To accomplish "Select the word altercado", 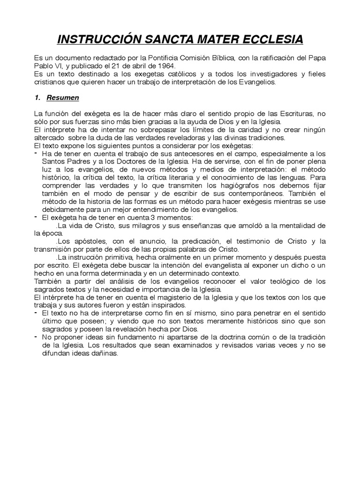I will (x=49, y=138).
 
